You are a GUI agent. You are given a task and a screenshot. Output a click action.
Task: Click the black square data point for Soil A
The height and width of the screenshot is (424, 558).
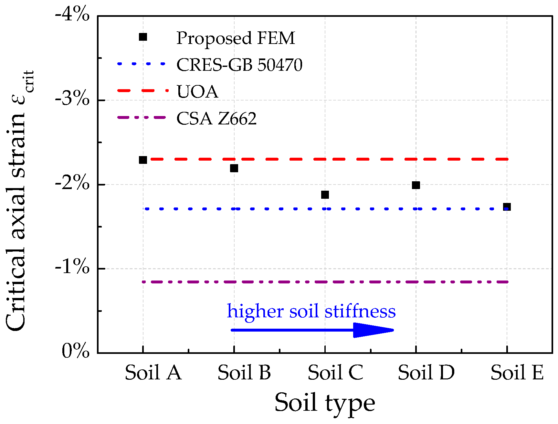[143, 160]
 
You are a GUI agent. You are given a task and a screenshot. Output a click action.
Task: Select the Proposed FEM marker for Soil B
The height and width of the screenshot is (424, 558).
[234, 168]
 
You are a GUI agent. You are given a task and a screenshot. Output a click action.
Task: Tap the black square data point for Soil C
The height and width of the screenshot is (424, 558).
[325, 195]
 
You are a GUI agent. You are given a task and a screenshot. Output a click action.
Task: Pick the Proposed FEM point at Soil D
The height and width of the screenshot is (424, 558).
[416, 185]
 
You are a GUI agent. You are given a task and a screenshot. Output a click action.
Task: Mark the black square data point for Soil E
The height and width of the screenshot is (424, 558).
[507, 207]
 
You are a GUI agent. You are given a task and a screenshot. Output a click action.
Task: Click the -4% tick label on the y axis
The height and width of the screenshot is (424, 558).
[72, 16]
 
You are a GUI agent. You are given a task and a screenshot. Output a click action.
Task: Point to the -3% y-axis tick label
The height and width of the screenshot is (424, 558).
[72, 100]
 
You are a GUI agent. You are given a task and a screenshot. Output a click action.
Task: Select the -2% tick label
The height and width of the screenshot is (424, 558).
[72, 184]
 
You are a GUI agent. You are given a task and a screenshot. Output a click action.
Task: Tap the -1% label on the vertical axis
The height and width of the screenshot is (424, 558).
[72, 268]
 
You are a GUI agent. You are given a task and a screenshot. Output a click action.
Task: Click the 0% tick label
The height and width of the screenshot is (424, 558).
[76, 351]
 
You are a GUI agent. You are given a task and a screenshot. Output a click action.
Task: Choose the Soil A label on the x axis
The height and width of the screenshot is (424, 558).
[153, 373]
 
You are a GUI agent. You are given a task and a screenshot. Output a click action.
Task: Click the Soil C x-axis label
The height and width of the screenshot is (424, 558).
[335, 373]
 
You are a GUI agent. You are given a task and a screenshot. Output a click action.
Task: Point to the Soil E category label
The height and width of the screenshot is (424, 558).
[517, 373]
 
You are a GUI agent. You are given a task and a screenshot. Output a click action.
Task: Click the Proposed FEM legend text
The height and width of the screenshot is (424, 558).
[236, 38]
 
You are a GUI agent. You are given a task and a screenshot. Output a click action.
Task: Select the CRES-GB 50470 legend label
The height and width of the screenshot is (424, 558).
[239, 65]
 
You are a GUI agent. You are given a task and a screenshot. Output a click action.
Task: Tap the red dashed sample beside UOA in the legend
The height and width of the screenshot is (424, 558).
[142, 91]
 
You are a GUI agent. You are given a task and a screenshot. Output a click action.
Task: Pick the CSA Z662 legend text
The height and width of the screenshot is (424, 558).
[216, 119]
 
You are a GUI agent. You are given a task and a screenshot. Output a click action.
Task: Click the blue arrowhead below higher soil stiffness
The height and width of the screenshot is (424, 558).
[372, 330]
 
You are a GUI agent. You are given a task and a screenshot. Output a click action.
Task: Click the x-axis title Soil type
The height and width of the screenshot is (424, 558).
[325, 403]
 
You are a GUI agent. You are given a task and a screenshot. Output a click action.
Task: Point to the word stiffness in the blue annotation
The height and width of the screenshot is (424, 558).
[360, 312]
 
